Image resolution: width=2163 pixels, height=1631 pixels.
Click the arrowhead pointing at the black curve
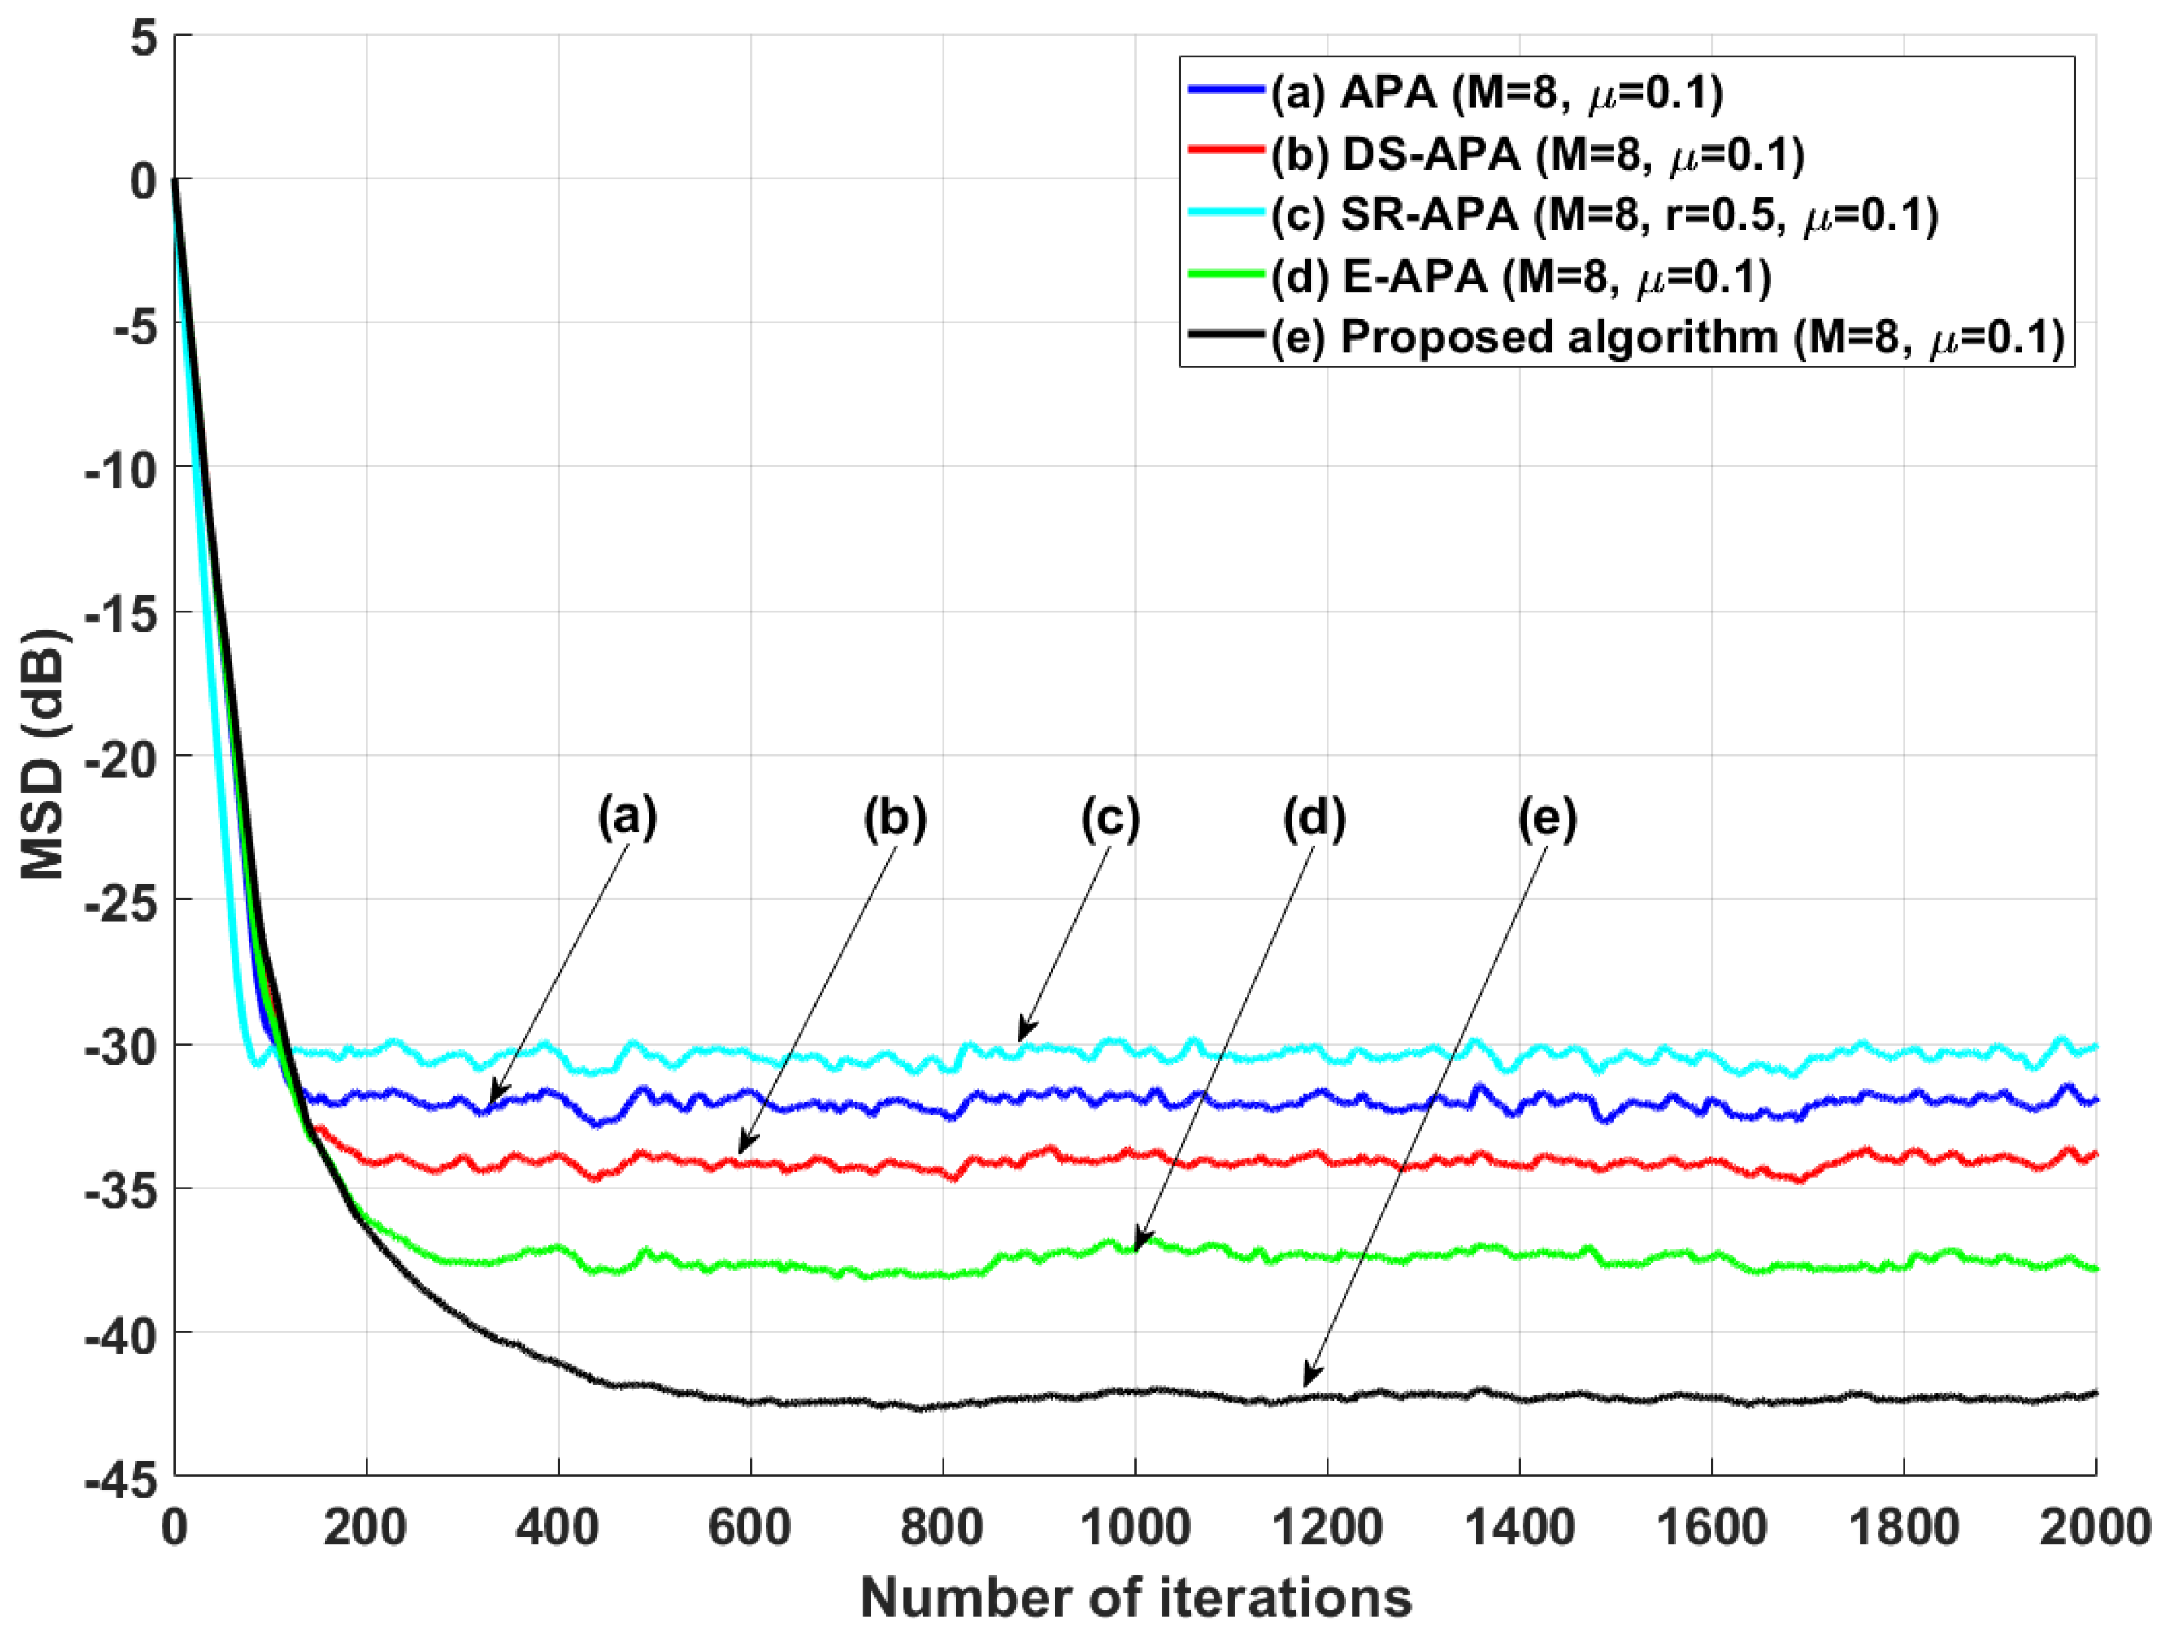1309,1380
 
